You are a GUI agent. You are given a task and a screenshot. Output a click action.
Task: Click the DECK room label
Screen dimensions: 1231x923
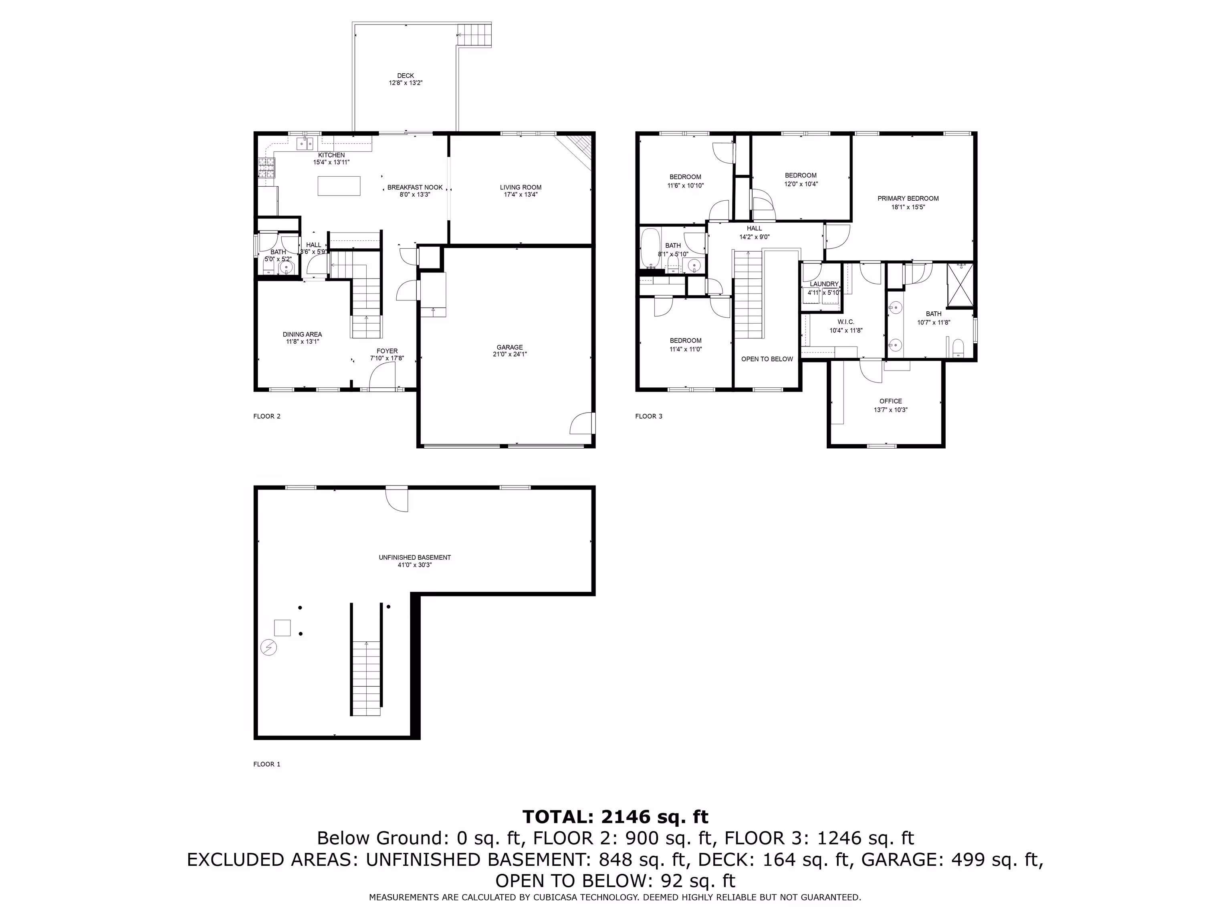pyautogui.click(x=405, y=76)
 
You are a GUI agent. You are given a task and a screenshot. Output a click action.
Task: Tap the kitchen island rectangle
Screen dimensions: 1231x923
pyautogui.click(x=339, y=186)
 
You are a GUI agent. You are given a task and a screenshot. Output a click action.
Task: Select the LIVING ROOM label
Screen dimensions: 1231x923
pyautogui.click(x=521, y=187)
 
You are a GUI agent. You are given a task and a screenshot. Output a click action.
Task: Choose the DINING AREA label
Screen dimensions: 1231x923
pyautogui.click(x=302, y=335)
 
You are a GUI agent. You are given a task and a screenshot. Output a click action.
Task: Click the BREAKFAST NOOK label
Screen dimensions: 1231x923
pyautogui.click(x=415, y=187)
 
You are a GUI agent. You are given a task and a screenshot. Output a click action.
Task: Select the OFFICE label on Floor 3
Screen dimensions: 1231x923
pyautogui.click(x=890, y=401)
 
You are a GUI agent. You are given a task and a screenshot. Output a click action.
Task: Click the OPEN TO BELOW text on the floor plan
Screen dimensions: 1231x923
pyautogui.click(x=767, y=359)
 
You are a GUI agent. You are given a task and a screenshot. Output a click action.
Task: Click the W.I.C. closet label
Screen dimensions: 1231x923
pyautogui.click(x=846, y=322)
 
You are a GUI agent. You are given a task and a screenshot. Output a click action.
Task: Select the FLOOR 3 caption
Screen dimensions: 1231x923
pyautogui.click(x=649, y=416)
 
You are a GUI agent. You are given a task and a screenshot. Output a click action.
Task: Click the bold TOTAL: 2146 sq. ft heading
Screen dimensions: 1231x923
pyautogui.click(x=615, y=817)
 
